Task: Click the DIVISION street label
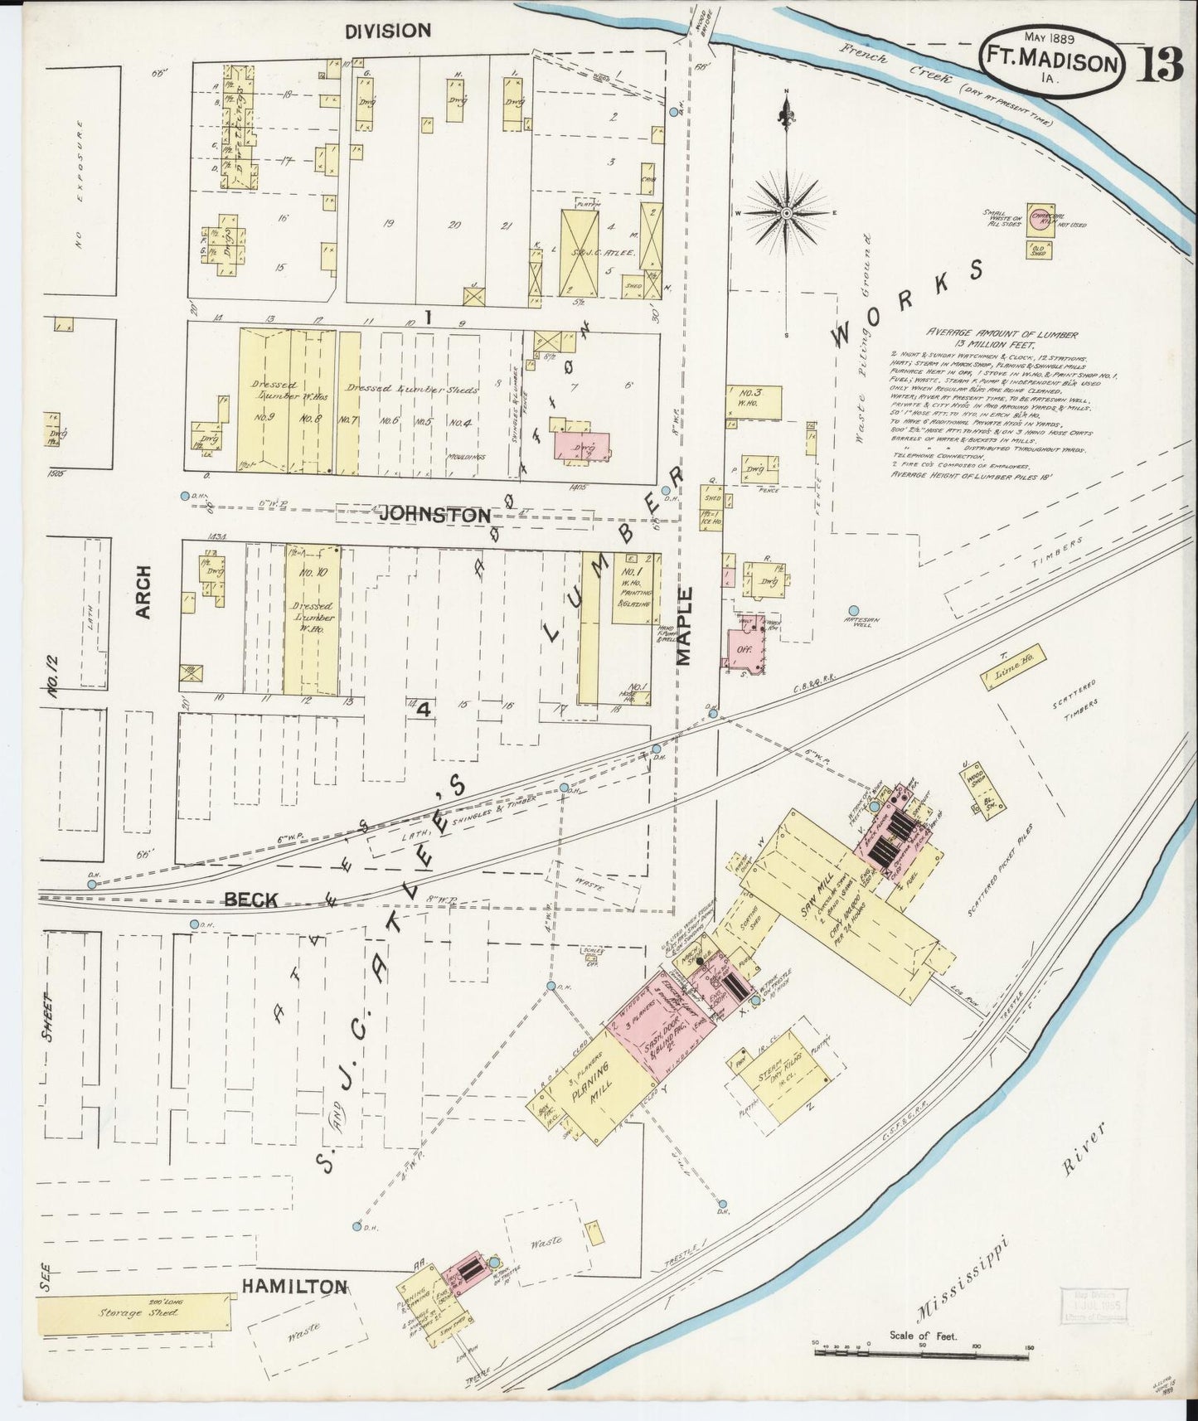coord(388,32)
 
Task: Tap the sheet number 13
coord(1158,64)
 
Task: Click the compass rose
coord(785,213)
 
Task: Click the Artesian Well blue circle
coord(853,611)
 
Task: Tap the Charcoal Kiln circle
coord(1040,219)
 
